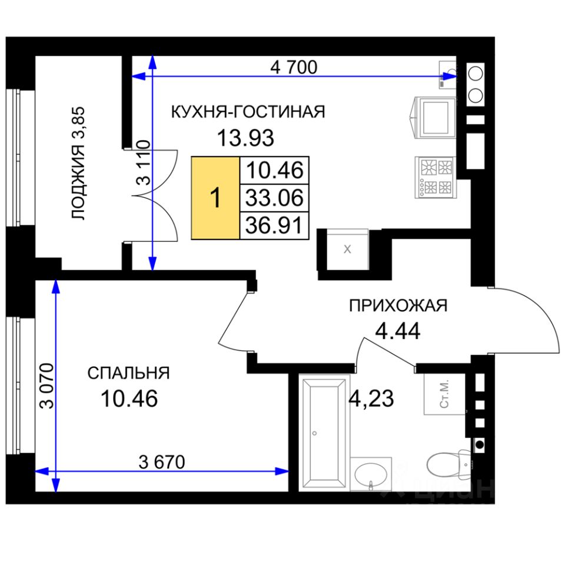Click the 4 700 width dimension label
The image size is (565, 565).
click(294, 67)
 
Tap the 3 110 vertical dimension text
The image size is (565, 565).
click(144, 163)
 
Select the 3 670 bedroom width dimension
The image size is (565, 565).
click(162, 462)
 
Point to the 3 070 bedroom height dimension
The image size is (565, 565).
click(47, 385)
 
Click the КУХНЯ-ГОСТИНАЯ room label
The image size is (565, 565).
click(248, 112)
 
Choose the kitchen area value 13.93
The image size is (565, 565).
click(245, 138)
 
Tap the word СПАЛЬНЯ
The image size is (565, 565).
click(129, 373)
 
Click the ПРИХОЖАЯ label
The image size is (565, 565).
click(398, 306)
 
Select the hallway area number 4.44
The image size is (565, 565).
click(398, 331)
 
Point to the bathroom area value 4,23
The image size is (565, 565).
click(372, 399)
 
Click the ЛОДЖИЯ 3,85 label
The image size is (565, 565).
click(78, 163)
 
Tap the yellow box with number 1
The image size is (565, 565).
click(215, 198)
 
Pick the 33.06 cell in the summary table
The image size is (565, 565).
click(274, 198)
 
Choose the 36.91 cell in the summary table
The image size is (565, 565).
click(274, 225)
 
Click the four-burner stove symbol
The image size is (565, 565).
click(436, 177)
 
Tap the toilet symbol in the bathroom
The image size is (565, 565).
click(449, 465)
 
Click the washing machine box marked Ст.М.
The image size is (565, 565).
click(444, 394)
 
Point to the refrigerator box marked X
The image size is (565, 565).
click(347, 250)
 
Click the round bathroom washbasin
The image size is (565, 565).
click(371, 474)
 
